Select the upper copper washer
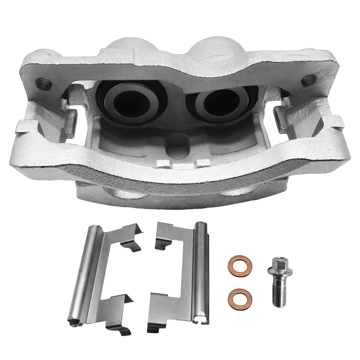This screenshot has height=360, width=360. (240, 266)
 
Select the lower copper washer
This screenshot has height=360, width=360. (240, 297)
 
